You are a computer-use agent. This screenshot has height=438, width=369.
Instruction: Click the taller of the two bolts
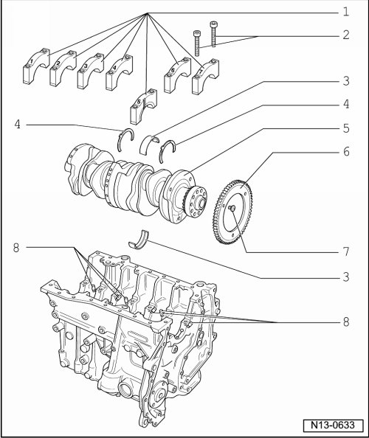coord(213,34)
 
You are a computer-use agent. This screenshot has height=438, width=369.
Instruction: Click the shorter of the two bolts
coord(197,43)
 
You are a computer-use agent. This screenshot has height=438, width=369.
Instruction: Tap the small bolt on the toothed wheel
coord(231,208)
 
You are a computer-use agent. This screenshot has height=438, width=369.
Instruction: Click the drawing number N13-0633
coord(334,425)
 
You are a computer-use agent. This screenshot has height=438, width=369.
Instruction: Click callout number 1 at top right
coord(346,12)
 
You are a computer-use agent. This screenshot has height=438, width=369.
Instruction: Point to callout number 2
coord(346,35)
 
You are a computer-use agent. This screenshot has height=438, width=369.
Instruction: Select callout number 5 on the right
coord(346,128)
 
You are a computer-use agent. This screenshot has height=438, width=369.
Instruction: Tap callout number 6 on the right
coord(346,152)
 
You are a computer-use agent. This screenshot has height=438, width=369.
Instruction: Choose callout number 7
coord(346,251)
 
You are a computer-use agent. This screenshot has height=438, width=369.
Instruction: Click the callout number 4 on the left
coord(17,125)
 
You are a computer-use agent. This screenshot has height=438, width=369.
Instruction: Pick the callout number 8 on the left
coord(16,248)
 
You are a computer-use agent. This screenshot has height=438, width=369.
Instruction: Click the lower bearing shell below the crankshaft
coord(139,240)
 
